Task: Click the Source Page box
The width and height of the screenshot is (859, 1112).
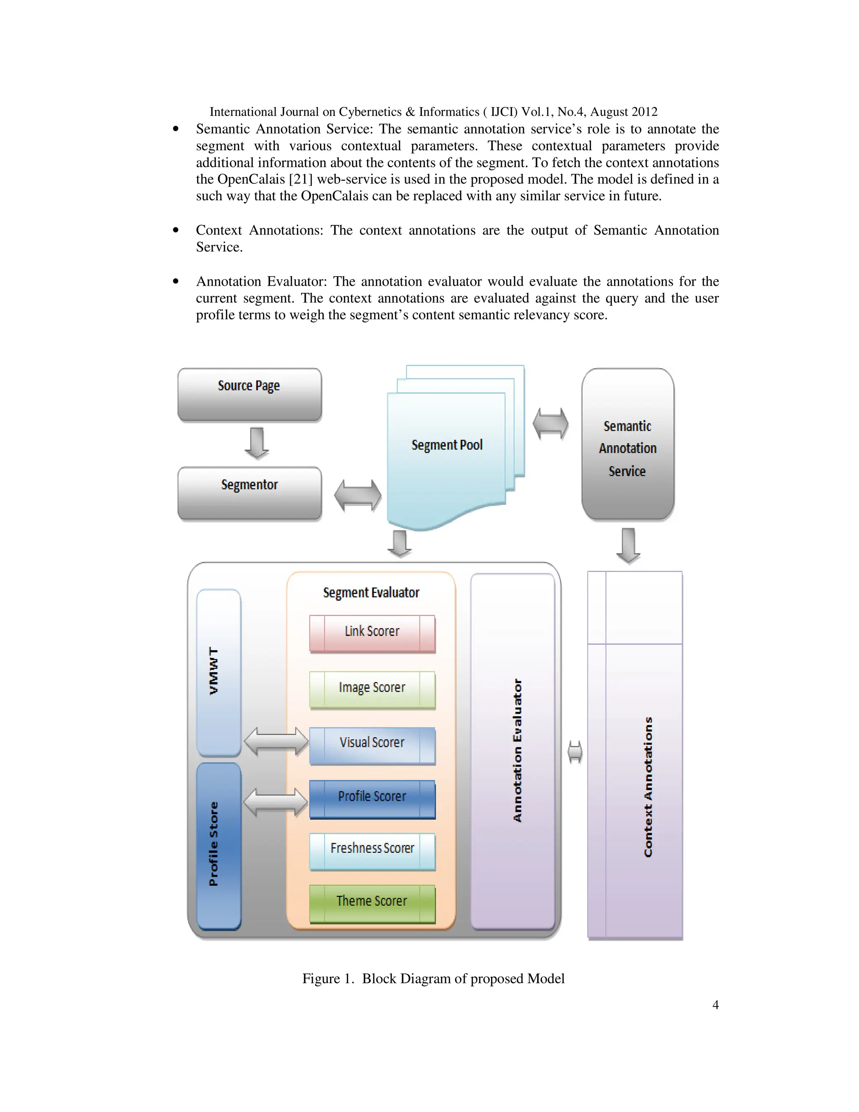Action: pos(250,394)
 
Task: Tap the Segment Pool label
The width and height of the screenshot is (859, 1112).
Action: pos(447,445)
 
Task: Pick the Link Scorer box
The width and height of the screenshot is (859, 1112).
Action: pos(372,633)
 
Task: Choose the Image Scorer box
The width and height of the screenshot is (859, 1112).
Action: pos(372,689)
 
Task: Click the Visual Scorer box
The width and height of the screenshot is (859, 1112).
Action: pos(372,744)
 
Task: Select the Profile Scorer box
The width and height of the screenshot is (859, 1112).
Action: pos(372,798)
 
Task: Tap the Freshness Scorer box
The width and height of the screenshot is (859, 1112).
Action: pos(372,850)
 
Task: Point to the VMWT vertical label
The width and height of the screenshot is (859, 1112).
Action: pos(214,671)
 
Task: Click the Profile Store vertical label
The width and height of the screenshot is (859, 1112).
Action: pos(214,844)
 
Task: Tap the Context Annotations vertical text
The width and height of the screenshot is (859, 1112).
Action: pos(648,787)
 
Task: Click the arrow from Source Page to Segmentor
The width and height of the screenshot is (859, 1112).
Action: pos(256,443)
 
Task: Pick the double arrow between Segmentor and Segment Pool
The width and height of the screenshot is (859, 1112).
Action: pos(357,495)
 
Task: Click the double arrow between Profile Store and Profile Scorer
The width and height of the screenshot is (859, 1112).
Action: pos(275,802)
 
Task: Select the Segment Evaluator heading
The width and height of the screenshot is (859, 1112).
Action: pos(371,593)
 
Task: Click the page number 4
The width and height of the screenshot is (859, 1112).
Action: pos(715,1005)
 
